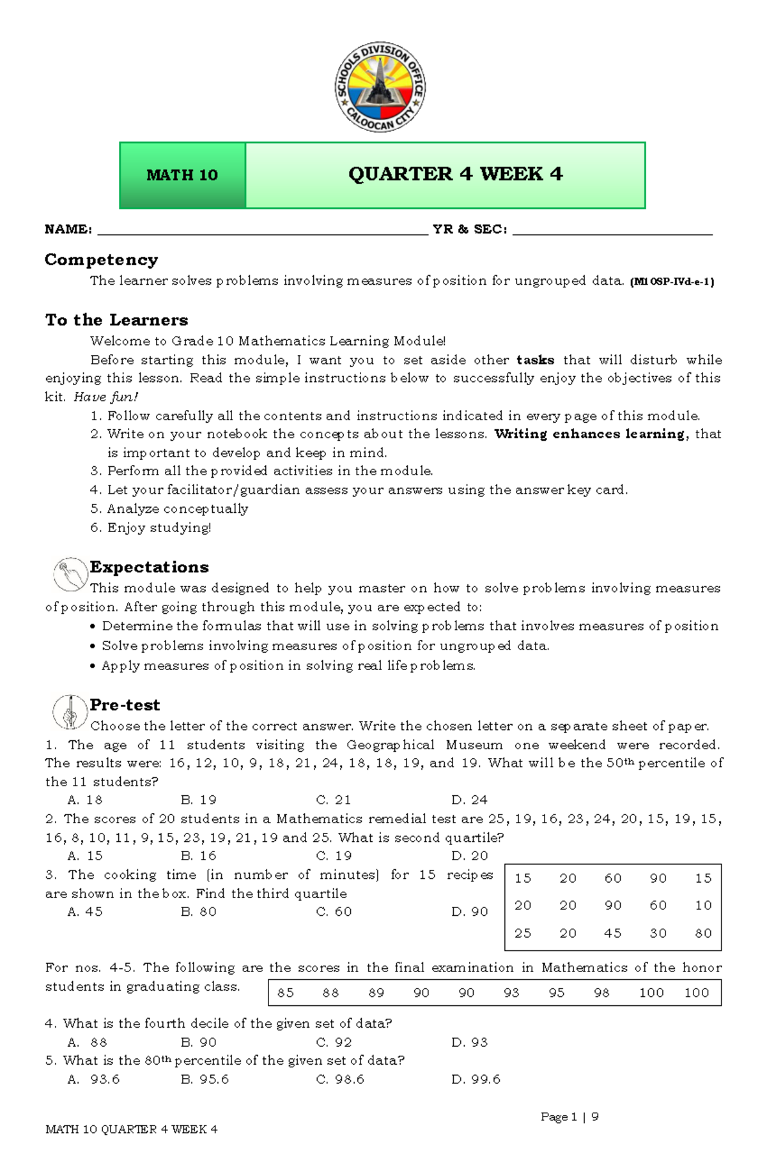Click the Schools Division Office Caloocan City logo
point(380,88)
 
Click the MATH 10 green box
point(182,175)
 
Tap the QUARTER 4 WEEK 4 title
point(455,174)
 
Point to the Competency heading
point(101,260)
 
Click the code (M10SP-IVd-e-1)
point(672,282)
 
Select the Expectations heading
point(149,567)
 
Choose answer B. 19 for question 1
point(199,800)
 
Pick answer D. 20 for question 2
point(470,856)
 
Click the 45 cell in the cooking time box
point(612,933)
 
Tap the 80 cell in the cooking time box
point(703,933)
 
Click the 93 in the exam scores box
point(511,993)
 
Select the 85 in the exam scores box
point(286,993)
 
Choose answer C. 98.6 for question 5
point(340,1079)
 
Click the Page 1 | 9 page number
point(569,1117)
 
